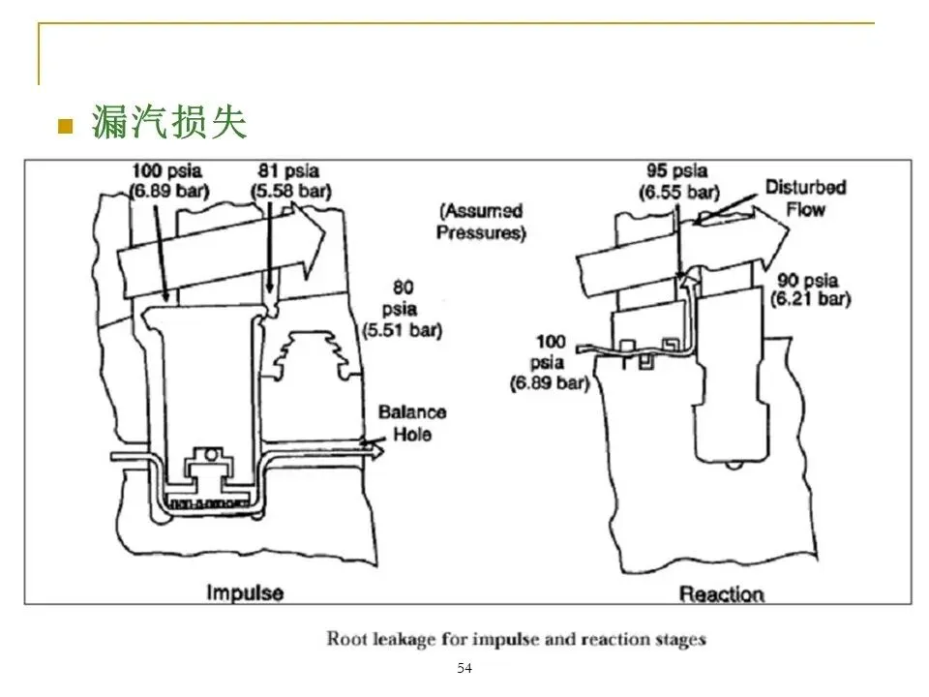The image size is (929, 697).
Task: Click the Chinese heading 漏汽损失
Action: pyautogui.click(x=168, y=122)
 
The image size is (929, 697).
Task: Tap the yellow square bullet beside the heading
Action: pyautogui.click(x=65, y=126)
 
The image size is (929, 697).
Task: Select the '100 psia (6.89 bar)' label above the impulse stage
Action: pyautogui.click(x=168, y=181)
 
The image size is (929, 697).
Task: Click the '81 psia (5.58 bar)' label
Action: pyautogui.click(x=290, y=181)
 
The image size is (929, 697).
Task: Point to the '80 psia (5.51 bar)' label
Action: pyautogui.click(x=403, y=309)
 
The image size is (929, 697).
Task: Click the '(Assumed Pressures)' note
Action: pyautogui.click(x=481, y=221)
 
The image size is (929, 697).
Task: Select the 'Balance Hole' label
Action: pyautogui.click(x=412, y=423)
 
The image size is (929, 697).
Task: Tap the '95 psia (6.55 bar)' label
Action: pyautogui.click(x=678, y=181)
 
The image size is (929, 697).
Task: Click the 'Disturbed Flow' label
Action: pyautogui.click(x=806, y=197)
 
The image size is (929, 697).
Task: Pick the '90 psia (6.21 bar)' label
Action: pyautogui.click(x=810, y=289)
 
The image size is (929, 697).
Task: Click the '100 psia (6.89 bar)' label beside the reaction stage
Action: pyautogui.click(x=550, y=362)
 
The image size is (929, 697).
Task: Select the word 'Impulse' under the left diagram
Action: pyautogui.click(x=245, y=592)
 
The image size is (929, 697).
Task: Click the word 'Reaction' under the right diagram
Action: pyautogui.click(x=721, y=593)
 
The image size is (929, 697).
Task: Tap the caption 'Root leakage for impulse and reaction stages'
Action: pyautogui.click(x=516, y=639)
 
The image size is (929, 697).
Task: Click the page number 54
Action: pyautogui.click(x=464, y=668)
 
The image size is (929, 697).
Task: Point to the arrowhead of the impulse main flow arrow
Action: pyautogui.click(x=310, y=240)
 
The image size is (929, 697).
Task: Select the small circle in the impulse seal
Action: pyautogui.click(x=210, y=455)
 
